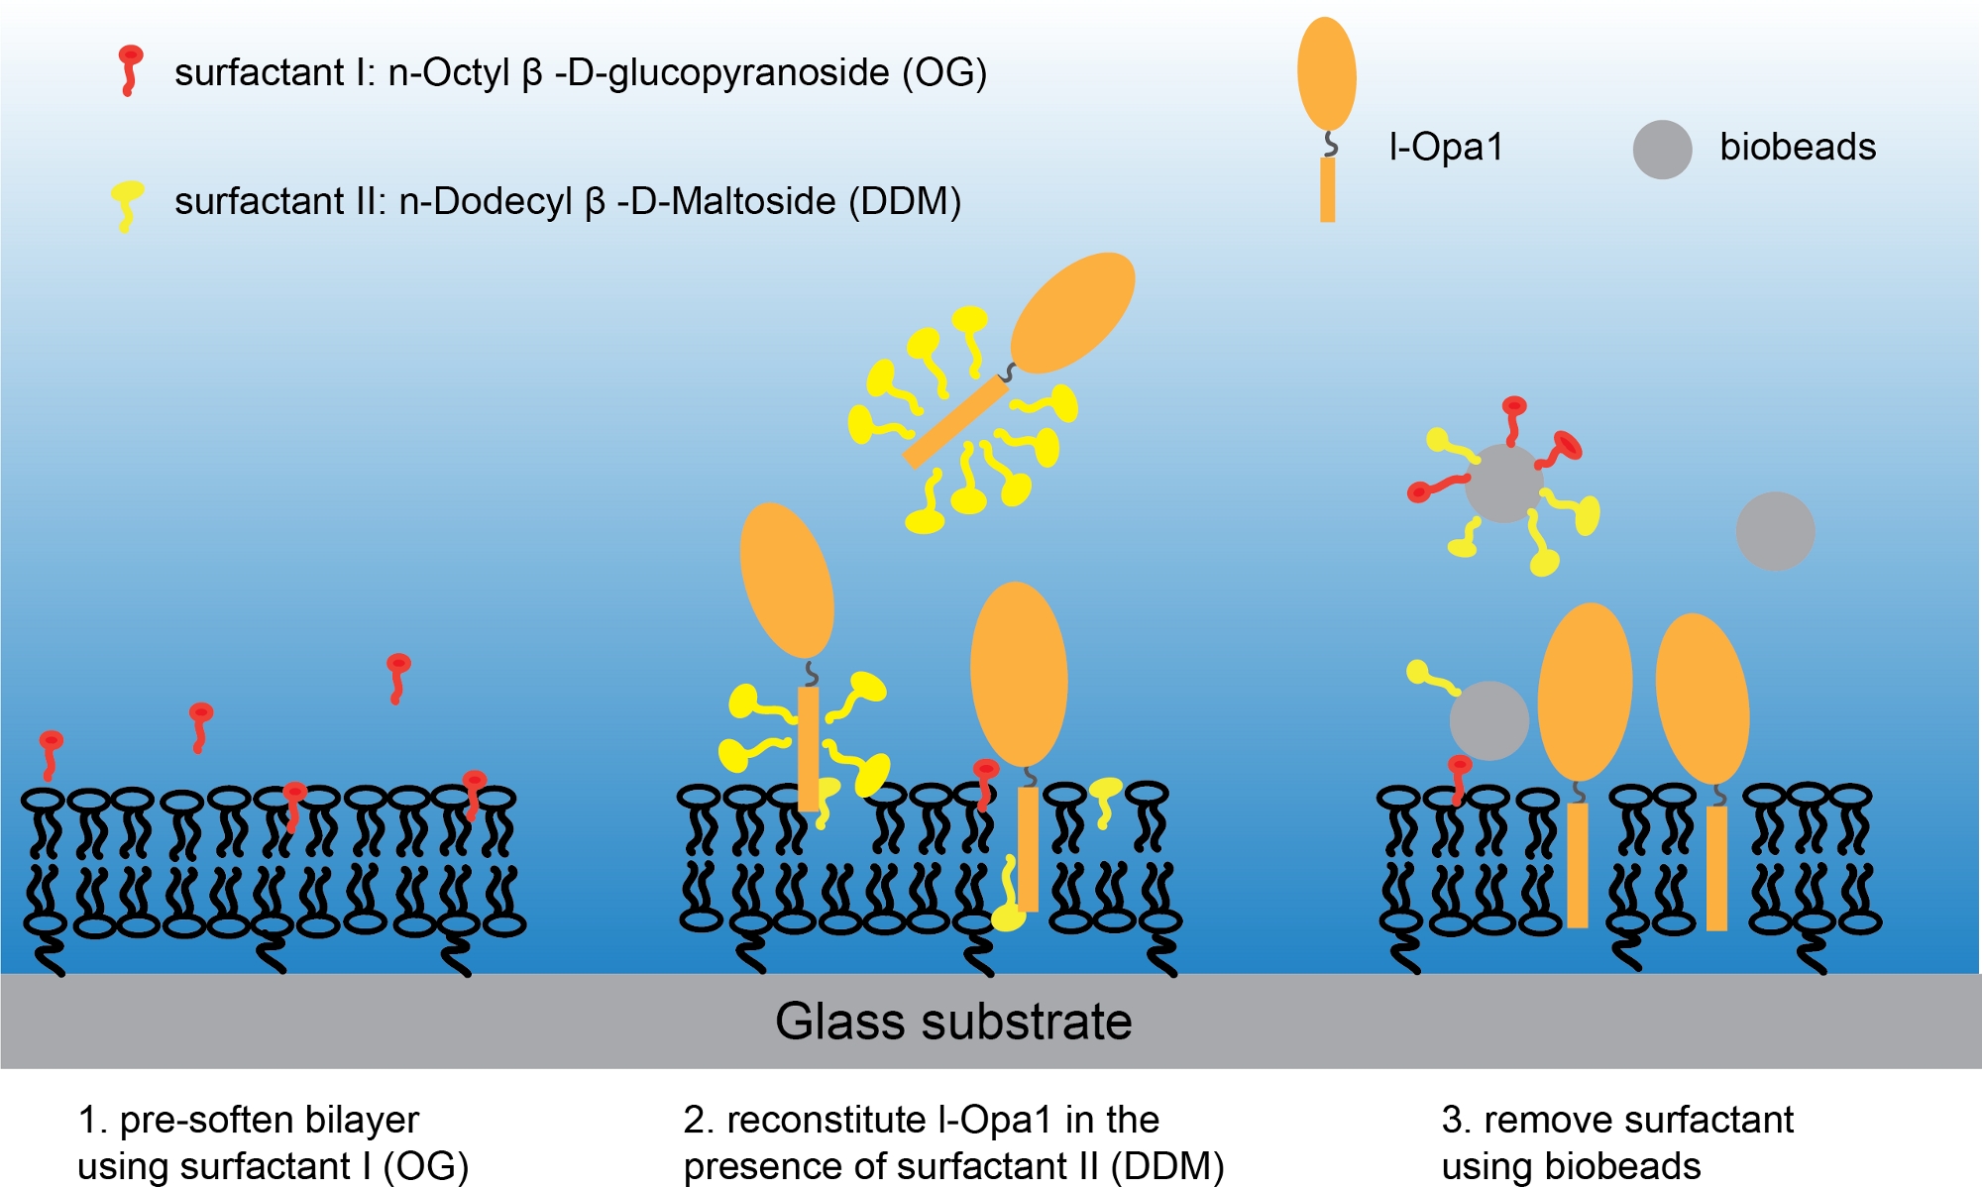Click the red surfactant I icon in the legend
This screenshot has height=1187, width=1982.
coord(129,69)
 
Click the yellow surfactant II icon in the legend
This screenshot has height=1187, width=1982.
coord(126,203)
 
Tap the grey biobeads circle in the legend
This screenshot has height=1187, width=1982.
coord(1662,150)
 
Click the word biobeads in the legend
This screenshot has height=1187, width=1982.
coord(1798,148)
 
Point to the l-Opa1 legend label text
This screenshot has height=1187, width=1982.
coord(1446,148)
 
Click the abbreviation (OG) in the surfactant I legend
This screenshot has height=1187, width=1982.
coord(944,73)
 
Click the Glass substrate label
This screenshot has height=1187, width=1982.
coord(953,1022)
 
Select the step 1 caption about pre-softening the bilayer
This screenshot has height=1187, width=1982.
coord(273,1142)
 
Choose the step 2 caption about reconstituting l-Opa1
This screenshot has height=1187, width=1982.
coord(953,1142)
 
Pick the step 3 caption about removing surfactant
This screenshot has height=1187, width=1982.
coord(1617,1142)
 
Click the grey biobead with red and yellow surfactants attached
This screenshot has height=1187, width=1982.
coord(1503,483)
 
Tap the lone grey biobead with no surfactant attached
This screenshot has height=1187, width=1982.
coord(1775,531)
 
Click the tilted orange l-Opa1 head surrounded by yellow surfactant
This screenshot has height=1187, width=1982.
coord(1072,312)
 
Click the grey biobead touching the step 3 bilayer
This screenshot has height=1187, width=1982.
coord(1488,720)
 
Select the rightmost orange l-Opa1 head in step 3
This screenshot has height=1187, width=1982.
coord(1702,699)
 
